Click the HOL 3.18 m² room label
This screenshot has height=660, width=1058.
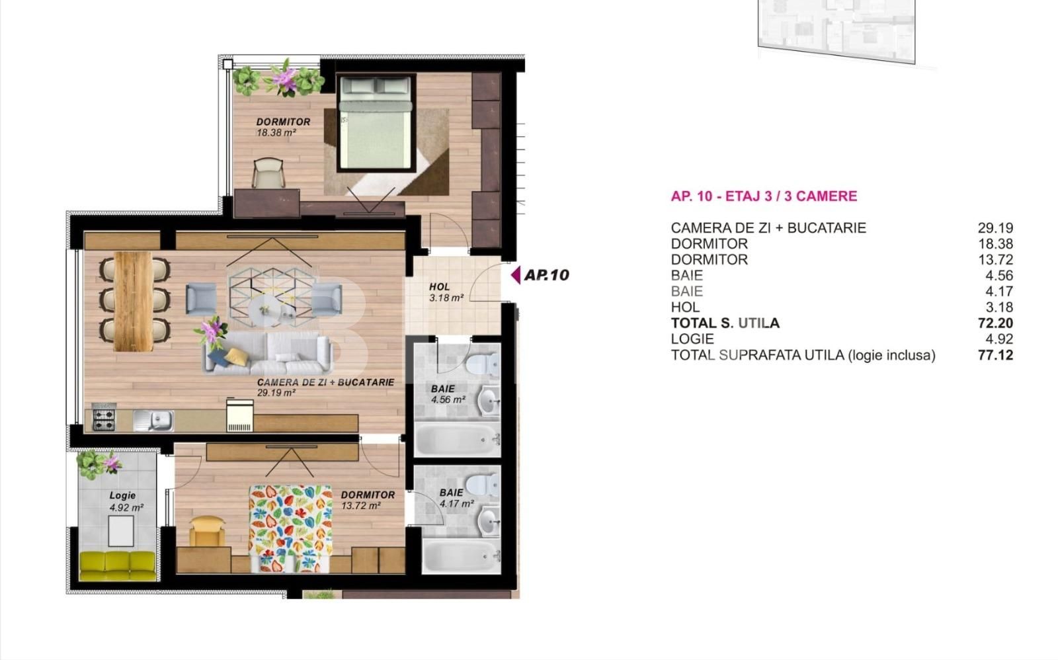click(x=446, y=292)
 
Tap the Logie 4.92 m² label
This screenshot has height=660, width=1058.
click(x=126, y=501)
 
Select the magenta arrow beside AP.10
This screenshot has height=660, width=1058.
click(x=516, y=274)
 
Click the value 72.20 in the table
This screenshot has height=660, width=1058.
click(x=996, y=323)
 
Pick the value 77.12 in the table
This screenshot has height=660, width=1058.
click(x=996, y=355)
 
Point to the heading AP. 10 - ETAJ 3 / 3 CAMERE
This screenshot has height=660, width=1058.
click(x=764, y=196)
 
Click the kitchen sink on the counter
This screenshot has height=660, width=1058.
click(x=154, y=421)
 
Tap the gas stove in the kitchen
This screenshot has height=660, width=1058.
click(x=103, y=418)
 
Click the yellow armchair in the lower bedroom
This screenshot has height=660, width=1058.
click(x=206, y=532)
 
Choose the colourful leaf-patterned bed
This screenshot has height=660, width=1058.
click(x=290, y=528)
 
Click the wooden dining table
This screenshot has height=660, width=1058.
click(x=133, y=302)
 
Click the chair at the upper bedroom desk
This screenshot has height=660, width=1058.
click(x=268, y=173)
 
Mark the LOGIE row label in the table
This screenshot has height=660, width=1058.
click(x=692, y=339)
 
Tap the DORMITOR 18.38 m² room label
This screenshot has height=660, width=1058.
click(x=283, y=127)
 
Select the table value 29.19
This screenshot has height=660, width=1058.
click(x=996, y=227)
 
